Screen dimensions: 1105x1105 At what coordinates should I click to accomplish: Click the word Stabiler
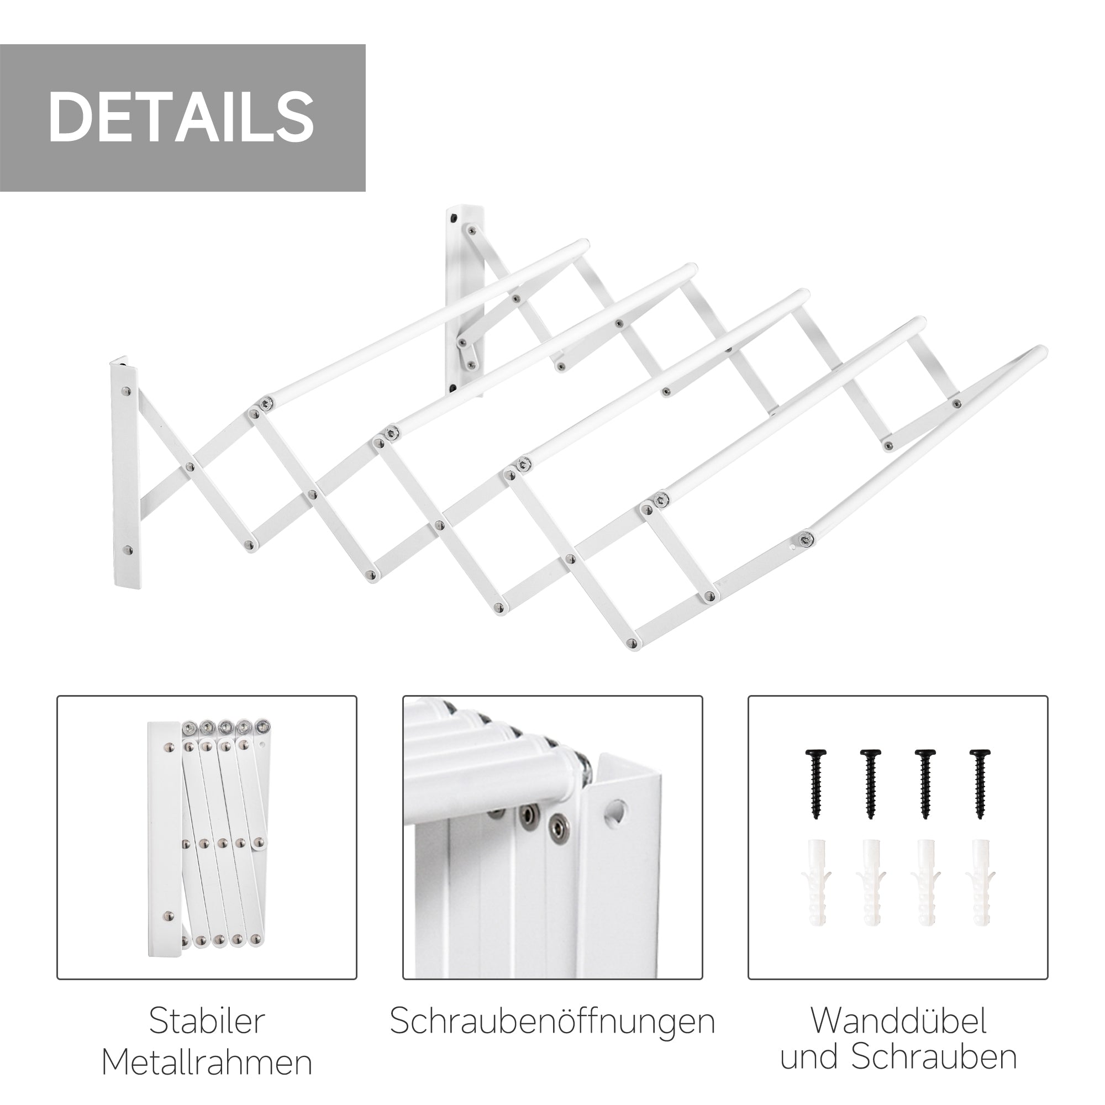click(x=207, y=1021)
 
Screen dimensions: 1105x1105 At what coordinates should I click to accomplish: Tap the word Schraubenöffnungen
click(x=552, y=1021)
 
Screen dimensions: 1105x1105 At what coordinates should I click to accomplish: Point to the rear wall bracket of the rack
click(x=466, y=297)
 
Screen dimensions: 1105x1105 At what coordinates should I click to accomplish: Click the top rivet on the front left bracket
click(x=127, y=392)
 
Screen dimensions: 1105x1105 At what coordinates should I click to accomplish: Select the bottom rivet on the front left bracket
click(x=127, y=551)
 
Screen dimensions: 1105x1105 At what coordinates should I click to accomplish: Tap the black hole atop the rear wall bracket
click(x=454, y=218)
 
